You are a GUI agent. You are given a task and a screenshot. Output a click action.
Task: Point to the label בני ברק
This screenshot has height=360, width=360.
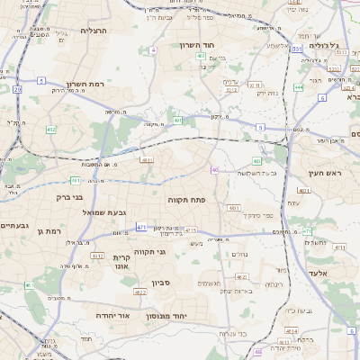(x=69, y=196)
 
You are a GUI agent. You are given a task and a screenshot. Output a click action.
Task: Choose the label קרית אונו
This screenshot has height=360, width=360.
(x=121, y=261)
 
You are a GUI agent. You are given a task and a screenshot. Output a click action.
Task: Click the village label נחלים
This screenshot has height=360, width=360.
(x=239, y=254)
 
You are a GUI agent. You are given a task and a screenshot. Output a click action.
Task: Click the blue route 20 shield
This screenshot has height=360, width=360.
(x=17, y=89)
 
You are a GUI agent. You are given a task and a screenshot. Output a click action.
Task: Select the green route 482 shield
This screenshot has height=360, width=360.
(x=50, y=130)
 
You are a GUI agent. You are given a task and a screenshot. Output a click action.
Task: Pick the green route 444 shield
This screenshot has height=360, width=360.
(x=298, y=87)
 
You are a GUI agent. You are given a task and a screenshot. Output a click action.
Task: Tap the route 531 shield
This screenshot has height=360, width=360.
(x=295, y=49)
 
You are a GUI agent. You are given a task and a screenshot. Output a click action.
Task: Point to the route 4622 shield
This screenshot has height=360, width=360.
(x=140, y=292)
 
